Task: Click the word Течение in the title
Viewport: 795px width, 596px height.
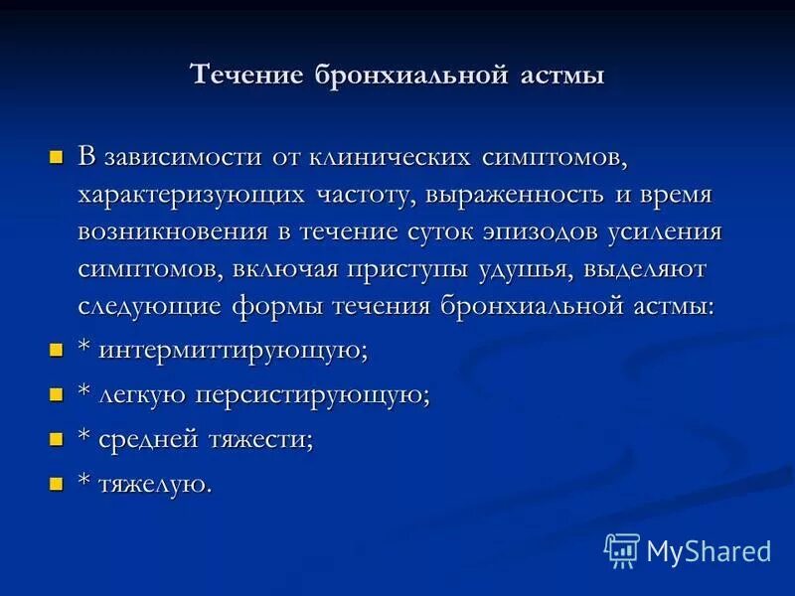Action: coord(247,75)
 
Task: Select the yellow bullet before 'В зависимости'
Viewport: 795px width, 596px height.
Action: coord(57,158)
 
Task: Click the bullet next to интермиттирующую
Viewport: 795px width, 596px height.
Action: coord(57,350)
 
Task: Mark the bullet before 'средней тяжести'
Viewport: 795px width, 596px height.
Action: coord(57,439)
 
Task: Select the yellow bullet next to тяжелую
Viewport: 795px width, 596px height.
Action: coord(57,484)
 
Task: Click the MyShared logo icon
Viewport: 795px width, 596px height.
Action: coord(622,549)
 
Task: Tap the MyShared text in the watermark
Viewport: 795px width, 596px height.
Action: coord(709,551)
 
